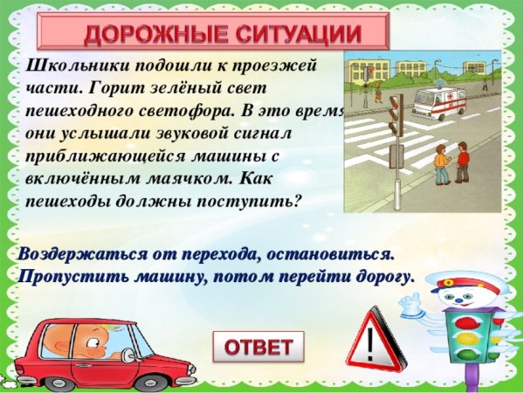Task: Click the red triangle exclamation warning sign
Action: (376, 341)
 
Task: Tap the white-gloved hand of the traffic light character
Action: (411, 303)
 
